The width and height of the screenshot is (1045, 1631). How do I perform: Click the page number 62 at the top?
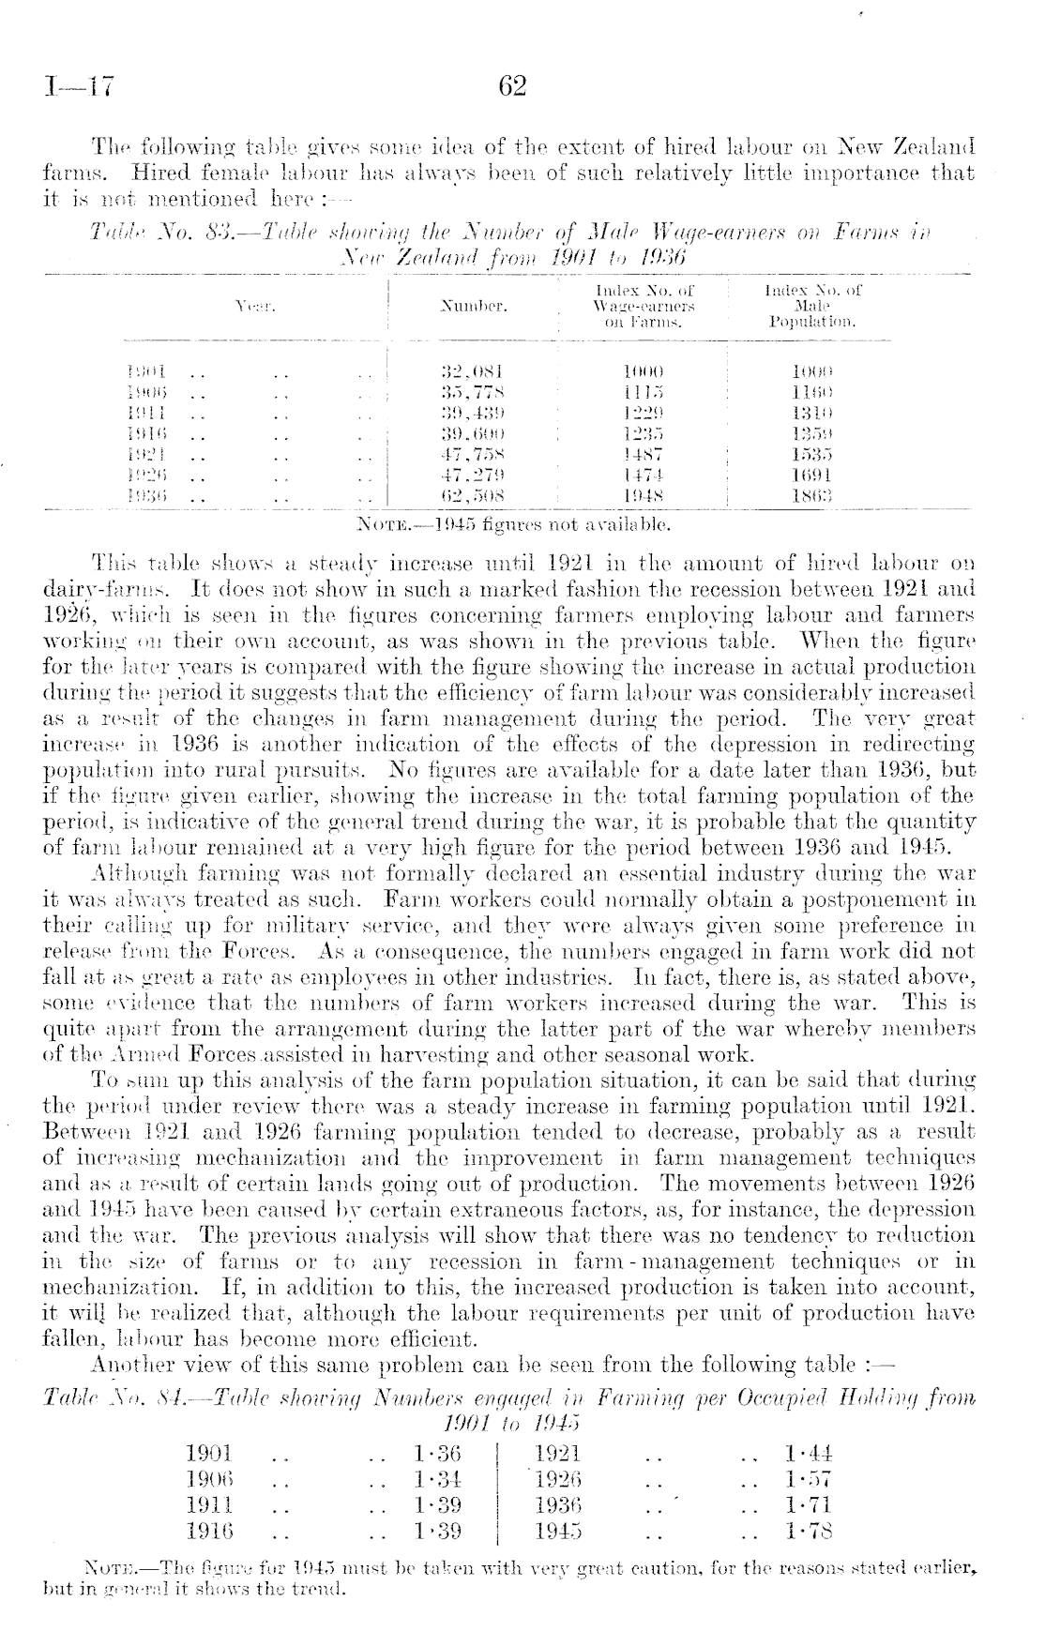coord(512,86)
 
